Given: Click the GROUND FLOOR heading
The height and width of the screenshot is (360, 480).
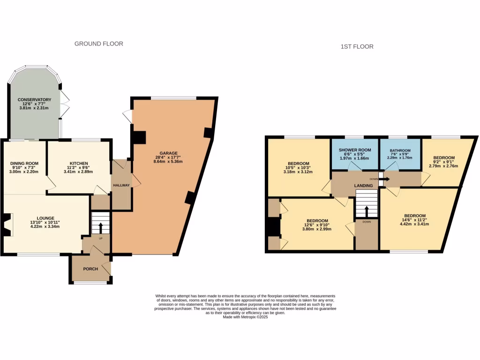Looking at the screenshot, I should coord(99,44).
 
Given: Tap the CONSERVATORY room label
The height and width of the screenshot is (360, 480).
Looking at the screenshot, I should coord(34,100).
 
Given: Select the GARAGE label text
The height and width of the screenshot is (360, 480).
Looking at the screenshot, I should coord(169,153).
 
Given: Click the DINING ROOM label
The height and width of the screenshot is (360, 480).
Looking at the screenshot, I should coord(24,163).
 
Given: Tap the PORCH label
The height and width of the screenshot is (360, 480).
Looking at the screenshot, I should coord(90,269).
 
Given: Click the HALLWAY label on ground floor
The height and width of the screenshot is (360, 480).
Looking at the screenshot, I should coord(121,186).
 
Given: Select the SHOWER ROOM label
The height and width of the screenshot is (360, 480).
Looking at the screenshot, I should coord(355,150).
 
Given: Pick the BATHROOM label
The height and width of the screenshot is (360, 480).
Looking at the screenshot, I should coord(400,151).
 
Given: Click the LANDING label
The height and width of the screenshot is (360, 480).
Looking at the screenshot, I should coord(363,186).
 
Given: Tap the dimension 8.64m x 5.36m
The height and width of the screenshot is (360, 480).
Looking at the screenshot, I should coord(169,162).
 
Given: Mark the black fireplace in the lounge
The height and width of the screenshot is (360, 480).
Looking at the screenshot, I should coord(6,225).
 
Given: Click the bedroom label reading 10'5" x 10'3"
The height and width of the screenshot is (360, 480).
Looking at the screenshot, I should coord(299,167).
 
